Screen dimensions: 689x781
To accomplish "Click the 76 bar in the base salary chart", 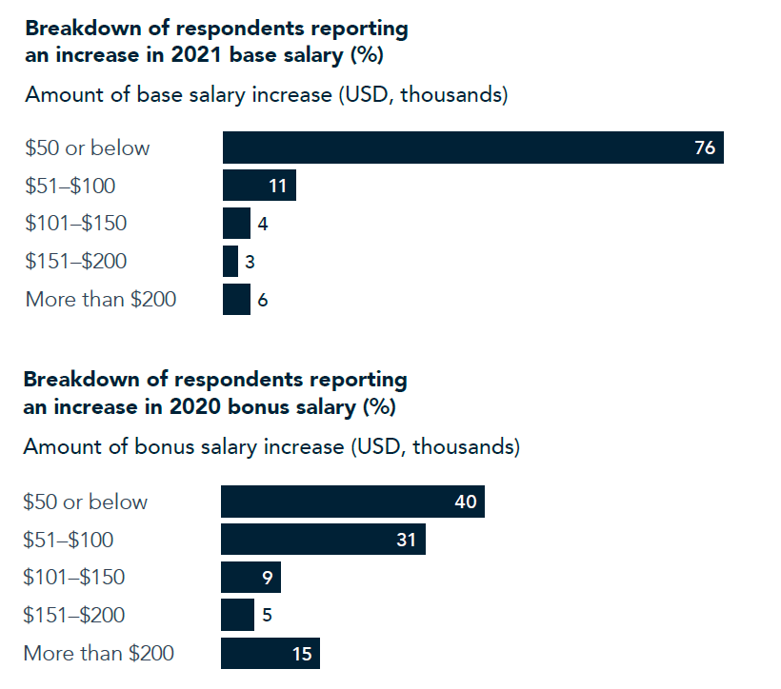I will [472, 148].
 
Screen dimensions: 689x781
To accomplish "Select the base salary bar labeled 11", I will [259, 186].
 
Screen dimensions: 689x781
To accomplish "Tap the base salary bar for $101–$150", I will [236, 224].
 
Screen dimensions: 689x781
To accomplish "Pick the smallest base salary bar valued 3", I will [230, 261].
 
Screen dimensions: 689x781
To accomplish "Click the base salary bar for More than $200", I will [236, 299].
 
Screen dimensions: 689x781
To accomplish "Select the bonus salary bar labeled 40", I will [352, 502].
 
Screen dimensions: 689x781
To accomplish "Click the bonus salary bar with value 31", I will [323, 540].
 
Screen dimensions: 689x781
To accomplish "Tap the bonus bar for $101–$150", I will [250, 577].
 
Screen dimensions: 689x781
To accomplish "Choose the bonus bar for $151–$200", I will [237, 615].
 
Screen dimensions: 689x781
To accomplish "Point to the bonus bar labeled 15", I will [270, 654].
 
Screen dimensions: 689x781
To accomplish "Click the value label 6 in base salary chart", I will [262, 299].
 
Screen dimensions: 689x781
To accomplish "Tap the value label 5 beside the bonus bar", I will [267, 615].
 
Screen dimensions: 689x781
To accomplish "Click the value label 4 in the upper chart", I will [262, 224].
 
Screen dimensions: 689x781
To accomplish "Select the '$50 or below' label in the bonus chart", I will [86, 502].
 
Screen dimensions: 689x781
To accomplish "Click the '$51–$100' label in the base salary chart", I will [70, 186].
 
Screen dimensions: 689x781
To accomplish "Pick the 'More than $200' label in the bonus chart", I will [99, 654].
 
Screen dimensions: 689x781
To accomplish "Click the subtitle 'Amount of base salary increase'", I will [171, 95].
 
